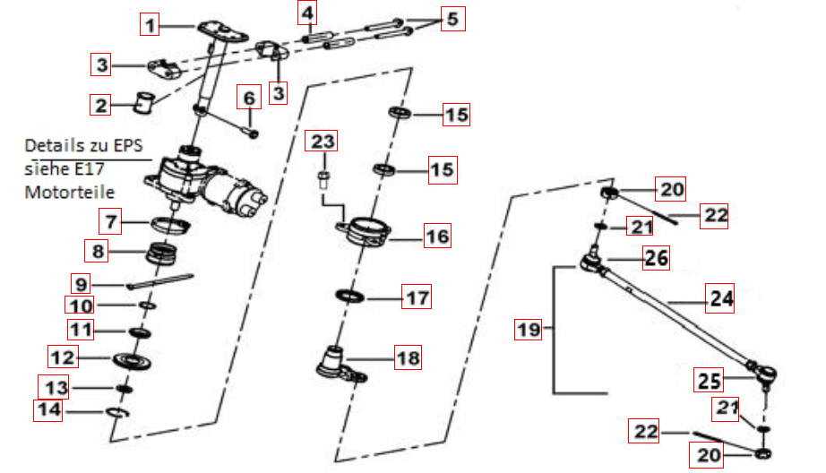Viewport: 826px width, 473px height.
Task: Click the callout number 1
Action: click(152, 25)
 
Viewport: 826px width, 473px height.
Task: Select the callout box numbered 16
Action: click(437, 236)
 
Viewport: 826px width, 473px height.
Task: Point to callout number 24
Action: click(721, 298)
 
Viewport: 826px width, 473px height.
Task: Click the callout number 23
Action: click(323, 142)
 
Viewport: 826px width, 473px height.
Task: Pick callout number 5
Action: click(452, 19)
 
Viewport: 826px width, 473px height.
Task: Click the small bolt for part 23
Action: click(323, 177)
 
